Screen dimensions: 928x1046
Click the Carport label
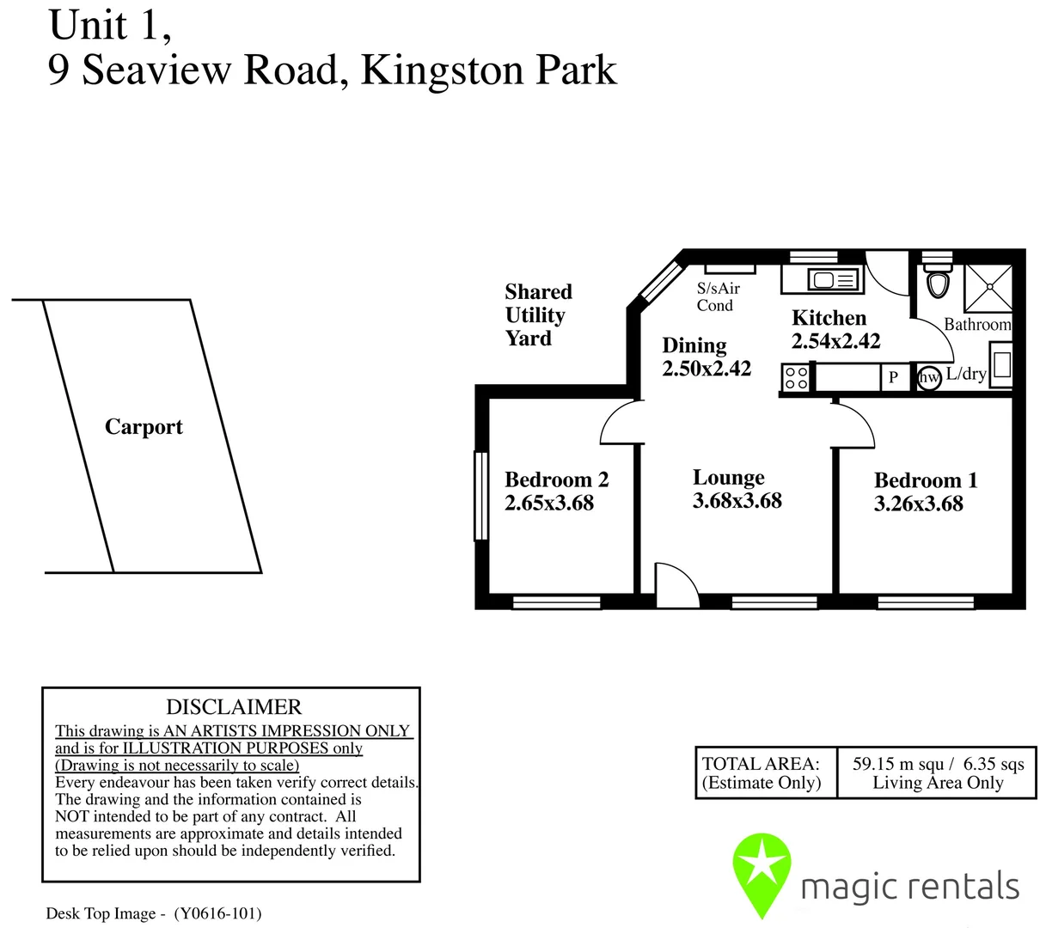pos(144,427)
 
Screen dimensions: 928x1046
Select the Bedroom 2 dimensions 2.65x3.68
pos(549,504)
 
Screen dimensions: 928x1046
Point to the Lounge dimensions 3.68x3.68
pos(737,501)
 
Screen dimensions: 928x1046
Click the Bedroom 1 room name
pos(926,480)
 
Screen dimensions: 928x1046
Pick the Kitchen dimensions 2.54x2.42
pos(835,341)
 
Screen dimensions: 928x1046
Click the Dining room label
pos(694,345)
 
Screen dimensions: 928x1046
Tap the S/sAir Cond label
pos(717,297)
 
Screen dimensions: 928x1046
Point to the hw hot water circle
pos(929,377)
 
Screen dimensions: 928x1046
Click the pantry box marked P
pos(894,377)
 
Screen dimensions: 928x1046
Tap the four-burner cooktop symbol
pos(797,378)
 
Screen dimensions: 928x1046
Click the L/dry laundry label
pos(966,375)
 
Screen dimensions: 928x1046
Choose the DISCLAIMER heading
pos(234,707)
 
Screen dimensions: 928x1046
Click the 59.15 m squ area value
pos(898,764)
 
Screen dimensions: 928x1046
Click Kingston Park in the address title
pos(488,70)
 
